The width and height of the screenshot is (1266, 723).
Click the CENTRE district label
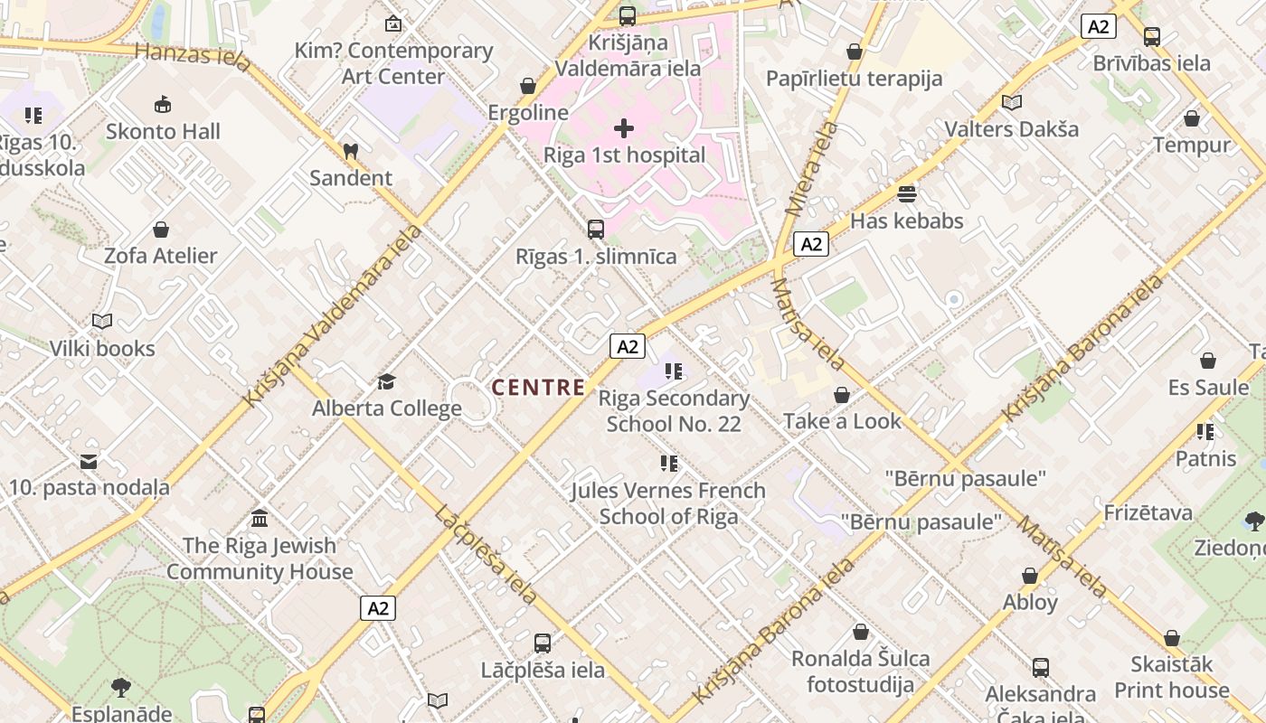[x=538, y=388]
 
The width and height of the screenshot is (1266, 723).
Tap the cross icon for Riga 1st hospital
[x=624, y=128]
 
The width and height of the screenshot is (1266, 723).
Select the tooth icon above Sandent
[x=351, y=152]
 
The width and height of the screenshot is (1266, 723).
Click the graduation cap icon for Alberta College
[x=387, y=381]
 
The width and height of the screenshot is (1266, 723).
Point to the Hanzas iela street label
[x=193, y=55]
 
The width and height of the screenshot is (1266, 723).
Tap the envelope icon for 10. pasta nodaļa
[x=89, y=462]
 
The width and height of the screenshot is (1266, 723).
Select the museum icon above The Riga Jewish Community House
[x=260, y=519]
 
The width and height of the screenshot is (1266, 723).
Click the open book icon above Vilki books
[x=102, y=322]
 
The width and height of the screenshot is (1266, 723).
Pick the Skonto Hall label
[x=163, y=132]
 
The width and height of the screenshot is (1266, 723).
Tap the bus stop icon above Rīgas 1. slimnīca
[x=596, y=230]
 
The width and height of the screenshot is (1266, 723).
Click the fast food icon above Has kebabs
[x=907, y=194]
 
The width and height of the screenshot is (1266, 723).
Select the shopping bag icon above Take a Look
[x=842, y=395]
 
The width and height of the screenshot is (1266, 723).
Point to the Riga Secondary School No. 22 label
[x=674, y=411]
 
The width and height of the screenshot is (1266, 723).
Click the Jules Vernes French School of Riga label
[x=668, y=503]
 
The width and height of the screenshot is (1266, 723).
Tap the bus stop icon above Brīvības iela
[x=1152, y=37]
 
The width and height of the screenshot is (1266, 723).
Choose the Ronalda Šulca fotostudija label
[x=860, y=671]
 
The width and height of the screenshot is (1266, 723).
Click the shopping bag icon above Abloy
[x=1030, y=576]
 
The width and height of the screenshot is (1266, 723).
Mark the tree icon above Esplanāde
[x=121, y=688]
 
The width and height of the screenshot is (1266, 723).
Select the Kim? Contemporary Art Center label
[x=393, y=63]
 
